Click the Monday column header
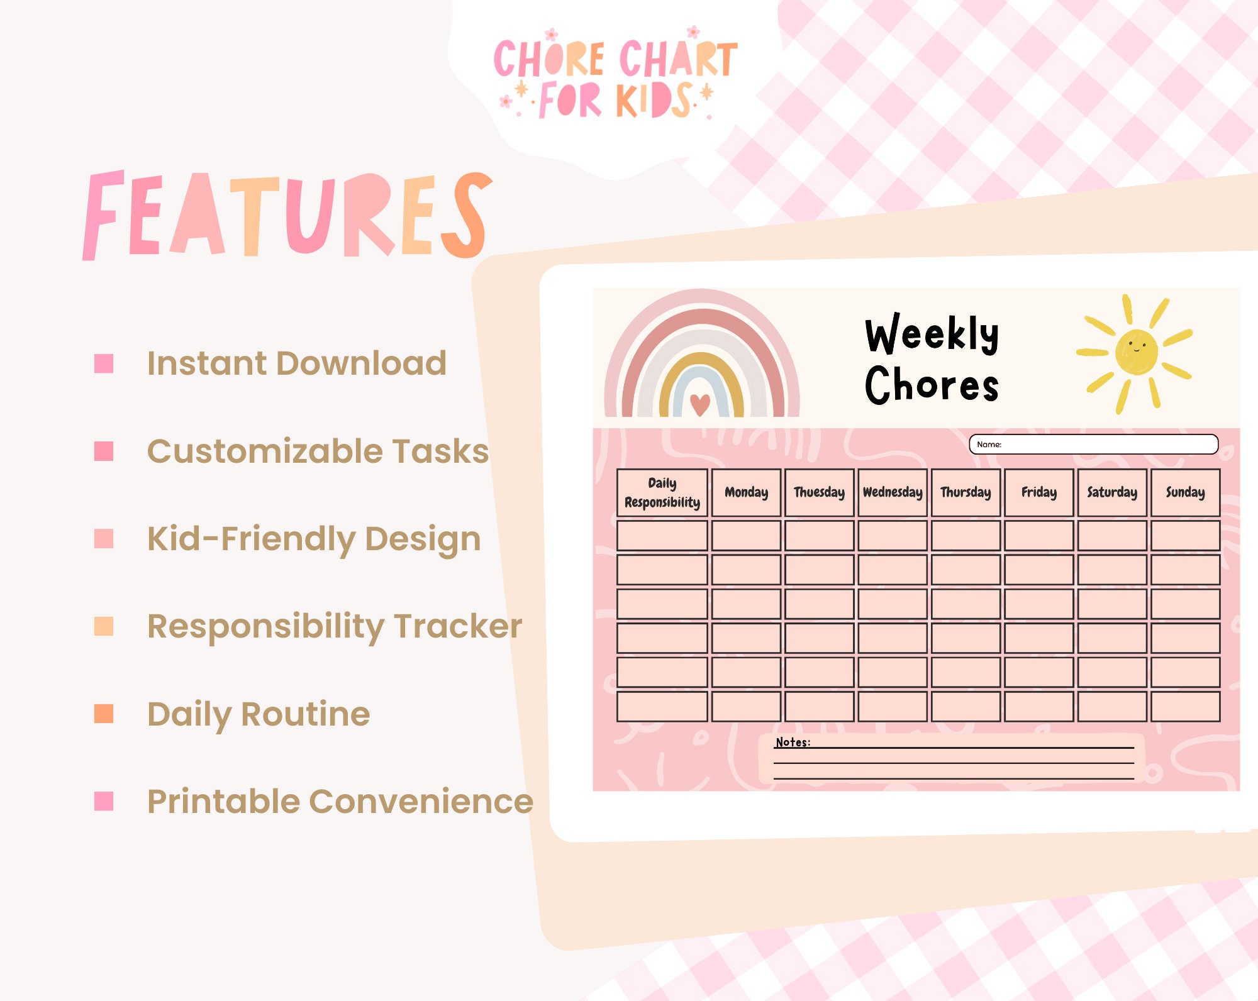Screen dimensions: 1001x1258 (x=746, y=492)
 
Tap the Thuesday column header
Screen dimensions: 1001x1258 (x=819, y=492)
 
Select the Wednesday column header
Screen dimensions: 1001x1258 (x=893, y=492)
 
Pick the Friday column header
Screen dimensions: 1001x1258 (x=1039, y=492)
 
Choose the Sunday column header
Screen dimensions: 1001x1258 (x=1185, y=492)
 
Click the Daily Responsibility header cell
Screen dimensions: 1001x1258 (x=662, y=492)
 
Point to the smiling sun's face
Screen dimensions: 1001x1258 (x=1137, y=351)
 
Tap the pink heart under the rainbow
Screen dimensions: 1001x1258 (x=700, y=404)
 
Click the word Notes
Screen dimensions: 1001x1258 (x=793, y=743)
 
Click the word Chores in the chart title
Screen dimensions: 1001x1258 (x=932, y=384)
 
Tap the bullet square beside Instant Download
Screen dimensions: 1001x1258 (x=104, y=363)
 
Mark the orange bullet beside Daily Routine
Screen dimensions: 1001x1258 (x=104, y=714)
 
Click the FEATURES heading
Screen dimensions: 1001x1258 (x=287, y=215)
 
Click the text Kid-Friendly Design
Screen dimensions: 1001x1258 (x=314, y=539)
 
